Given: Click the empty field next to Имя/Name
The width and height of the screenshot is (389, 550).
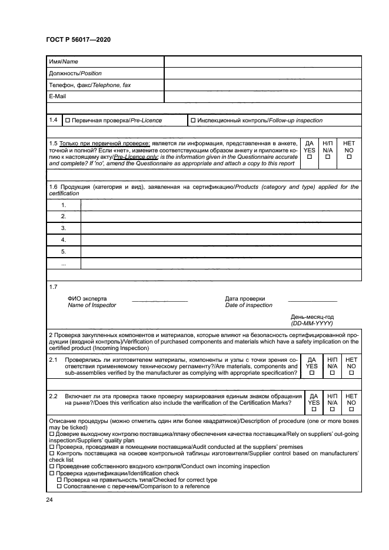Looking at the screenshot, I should (262, 62).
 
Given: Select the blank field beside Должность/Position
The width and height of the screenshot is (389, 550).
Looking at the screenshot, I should (262, 74).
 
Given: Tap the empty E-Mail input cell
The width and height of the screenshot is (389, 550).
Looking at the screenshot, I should (262, 96).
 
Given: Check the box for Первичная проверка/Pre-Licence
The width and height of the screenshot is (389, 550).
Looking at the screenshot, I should (68, 121).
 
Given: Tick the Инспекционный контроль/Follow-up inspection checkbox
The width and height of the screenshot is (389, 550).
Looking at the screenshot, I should (193, 121).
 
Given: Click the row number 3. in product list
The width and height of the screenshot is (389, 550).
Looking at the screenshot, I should (63, 228).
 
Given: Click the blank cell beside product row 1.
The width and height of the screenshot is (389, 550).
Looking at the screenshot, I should (220, 205).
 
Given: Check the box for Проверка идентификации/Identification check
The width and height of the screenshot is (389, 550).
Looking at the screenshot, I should (51, 473).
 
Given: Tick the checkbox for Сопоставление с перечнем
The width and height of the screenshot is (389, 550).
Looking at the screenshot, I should (59, 487).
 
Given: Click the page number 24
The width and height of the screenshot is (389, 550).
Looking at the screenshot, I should (49, 500).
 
